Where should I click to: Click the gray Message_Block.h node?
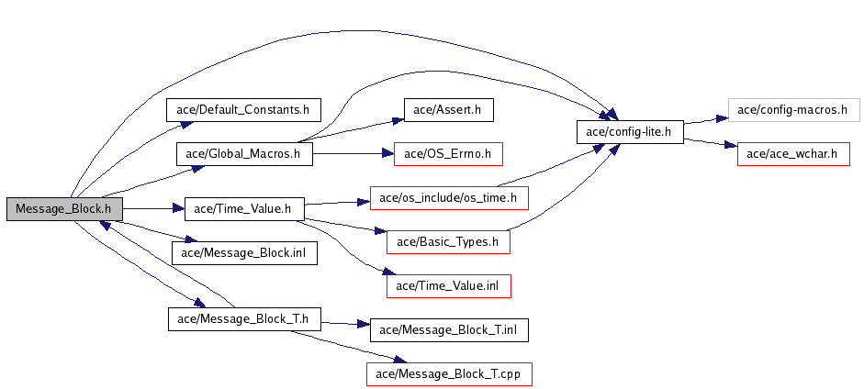coord(64,209)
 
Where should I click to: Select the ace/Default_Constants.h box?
coord(243,110)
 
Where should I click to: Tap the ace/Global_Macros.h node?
coord(244,153)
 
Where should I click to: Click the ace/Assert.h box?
coord(449,110)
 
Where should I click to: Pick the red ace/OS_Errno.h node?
coord(449,153)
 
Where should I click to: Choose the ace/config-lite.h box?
coord(630,132)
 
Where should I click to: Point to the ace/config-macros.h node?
coord(793,110)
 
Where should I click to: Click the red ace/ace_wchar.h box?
coord(793,153)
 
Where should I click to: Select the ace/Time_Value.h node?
coord(244,209)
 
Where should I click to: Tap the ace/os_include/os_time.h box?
coord(449,198)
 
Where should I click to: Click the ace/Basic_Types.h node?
coord(448,242)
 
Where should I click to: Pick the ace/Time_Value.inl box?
coord(449,286)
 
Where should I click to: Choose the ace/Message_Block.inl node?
coord(244,253)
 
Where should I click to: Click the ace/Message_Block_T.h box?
coord(244,319)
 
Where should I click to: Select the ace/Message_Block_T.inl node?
coord(449,330)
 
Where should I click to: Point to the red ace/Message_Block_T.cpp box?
coord(449,374)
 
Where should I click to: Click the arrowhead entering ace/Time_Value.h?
coord(178,208)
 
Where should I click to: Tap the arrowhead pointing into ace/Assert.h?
coord(398,119)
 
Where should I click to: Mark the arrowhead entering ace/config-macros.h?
coord(722,118)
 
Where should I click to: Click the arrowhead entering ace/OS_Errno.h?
coord(387,153)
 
